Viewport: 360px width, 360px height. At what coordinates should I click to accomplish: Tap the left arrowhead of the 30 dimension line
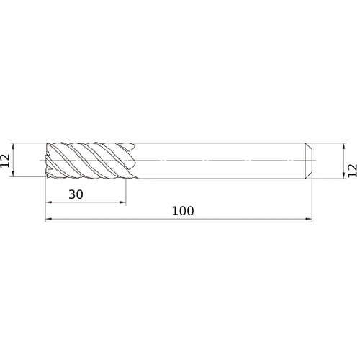point(48,203)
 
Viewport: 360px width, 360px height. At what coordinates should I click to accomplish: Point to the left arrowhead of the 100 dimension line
point(48,220)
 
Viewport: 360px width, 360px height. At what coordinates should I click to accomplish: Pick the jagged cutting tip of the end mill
point(48,159)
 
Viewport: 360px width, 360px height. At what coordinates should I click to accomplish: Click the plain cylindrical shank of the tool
point(216,151)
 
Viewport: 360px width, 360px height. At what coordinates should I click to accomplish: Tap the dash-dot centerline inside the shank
point(216,159)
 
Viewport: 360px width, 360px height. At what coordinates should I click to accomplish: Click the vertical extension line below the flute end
point(126,191)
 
